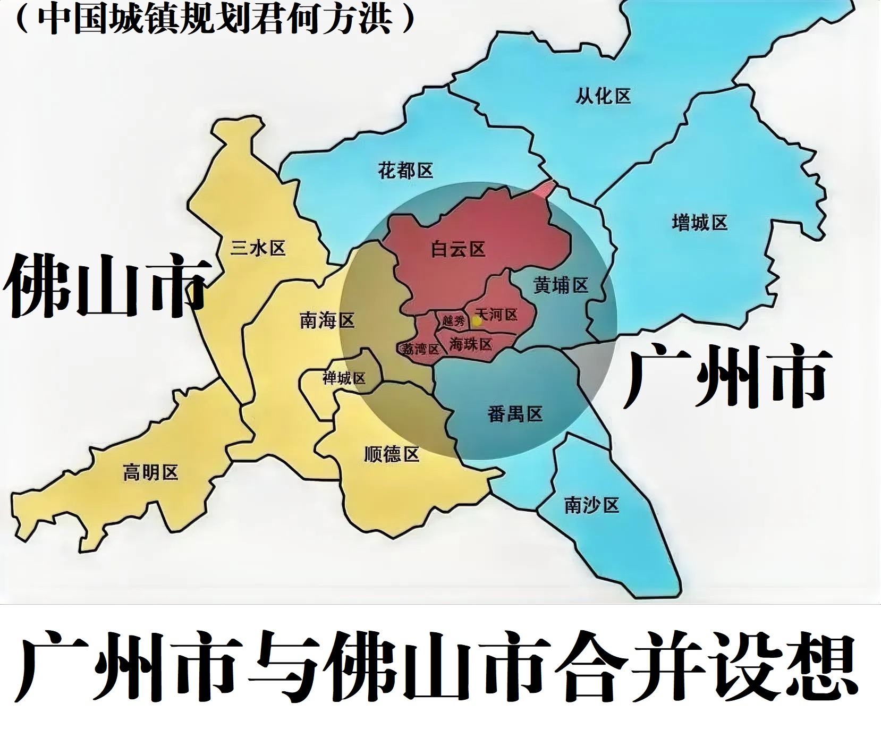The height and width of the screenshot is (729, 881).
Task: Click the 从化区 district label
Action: pos(603,96)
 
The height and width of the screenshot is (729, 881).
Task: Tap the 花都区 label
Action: pos(405,171)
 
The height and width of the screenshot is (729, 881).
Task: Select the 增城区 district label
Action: pos(699,222)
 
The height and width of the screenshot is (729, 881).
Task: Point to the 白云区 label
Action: pos(458,249)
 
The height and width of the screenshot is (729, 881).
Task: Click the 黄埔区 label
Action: pos(561,286)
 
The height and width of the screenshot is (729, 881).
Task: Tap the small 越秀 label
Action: pos(453,320)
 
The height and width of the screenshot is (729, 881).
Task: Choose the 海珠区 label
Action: pos(471,344)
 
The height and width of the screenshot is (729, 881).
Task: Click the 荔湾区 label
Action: pos(420,349)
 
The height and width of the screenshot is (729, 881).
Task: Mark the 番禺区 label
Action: pos(515,413)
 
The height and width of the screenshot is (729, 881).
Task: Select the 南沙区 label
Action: pos(592,505)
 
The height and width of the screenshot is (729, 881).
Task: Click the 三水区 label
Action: pos(258,248)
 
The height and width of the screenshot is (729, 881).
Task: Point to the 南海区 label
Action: pos(327,320)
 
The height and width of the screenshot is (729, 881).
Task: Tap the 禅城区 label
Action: pos(344,378)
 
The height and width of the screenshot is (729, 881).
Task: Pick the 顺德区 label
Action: pos(392,454)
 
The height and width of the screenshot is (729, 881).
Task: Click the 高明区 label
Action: pos(150,472)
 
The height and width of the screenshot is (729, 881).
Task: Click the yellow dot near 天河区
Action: pos(477,321)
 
